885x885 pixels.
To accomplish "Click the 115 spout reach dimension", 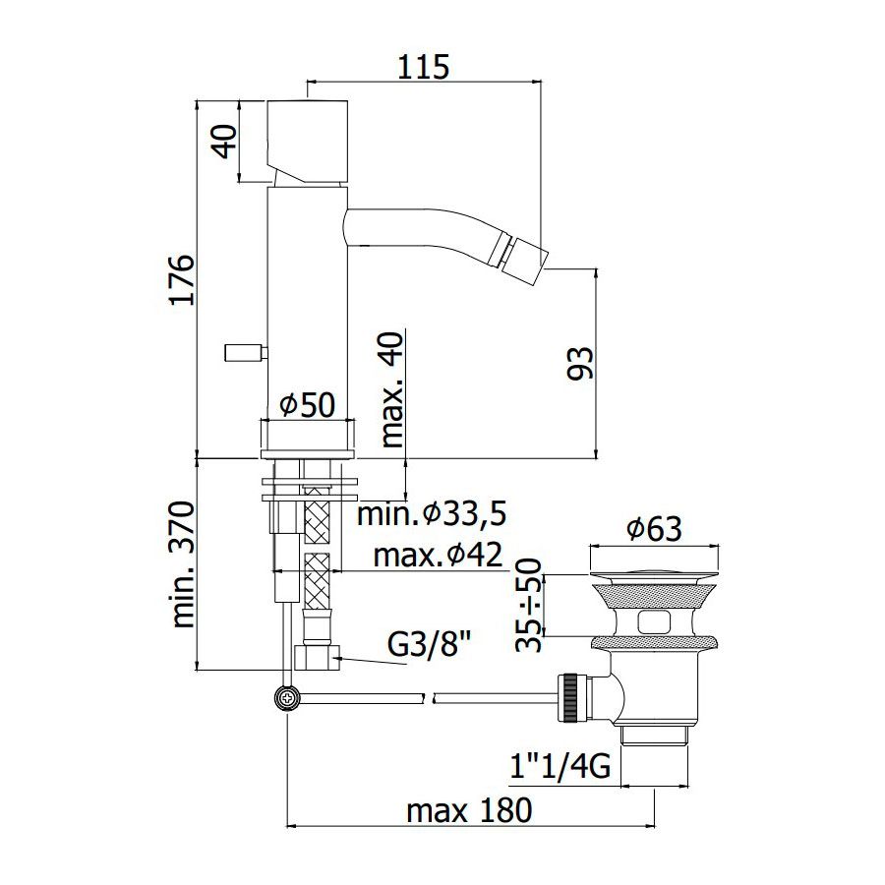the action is [423, 67].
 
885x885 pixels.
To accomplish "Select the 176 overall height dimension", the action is [182, 280].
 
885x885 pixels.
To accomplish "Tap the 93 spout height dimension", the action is [581, 363].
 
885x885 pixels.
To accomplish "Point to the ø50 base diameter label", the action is [308, 404].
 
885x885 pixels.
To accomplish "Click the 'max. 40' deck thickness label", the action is [392, 389].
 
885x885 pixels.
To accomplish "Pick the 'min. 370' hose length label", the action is [183, 563].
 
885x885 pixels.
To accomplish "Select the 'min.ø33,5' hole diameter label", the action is [432, 514].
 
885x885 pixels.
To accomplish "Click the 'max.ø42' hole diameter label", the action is [438, 556].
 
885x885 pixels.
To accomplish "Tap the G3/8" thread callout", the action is [430, 644].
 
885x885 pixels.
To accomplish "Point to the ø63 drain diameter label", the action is [654, 529].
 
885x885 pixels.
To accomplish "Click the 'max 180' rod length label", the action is [469, 810].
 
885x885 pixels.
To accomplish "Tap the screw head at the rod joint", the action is [288, 698].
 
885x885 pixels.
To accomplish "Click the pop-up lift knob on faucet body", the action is [245, 353].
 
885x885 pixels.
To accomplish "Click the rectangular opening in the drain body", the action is [654, 622].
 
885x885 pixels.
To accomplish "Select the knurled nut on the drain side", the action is [566, 697].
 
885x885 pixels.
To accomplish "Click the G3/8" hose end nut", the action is [317, 658].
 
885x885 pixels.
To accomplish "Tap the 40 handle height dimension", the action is [225, 141].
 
